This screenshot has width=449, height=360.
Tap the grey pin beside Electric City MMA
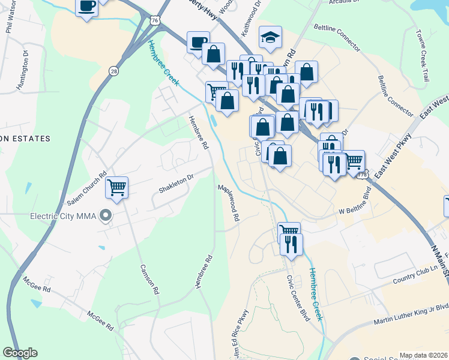(106, 215)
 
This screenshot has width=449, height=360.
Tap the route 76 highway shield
(155, 21)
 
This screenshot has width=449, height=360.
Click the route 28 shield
(114, 71)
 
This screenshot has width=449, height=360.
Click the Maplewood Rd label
(229, 203)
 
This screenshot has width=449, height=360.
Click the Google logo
(20, 353)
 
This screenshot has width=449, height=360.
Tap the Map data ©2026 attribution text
(424, 355)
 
